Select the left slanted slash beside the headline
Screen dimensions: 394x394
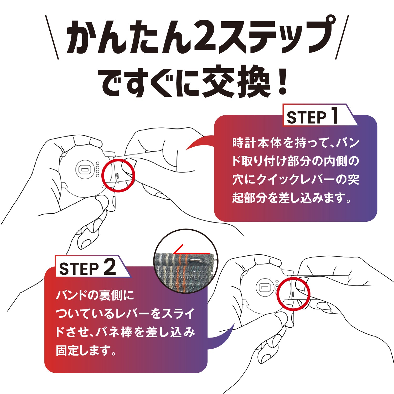[52, 37]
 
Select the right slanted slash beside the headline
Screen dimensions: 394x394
[342, 37]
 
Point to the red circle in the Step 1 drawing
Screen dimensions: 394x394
[118, 175]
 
